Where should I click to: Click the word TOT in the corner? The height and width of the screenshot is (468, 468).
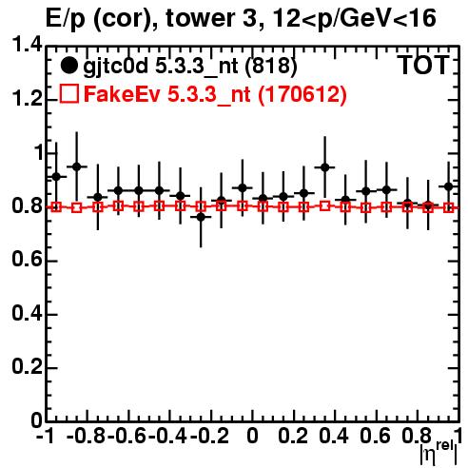[x=424, y=66]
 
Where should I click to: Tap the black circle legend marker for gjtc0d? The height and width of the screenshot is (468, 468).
[x=68, y=66]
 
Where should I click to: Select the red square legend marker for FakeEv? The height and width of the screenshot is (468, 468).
[x=68, y=93]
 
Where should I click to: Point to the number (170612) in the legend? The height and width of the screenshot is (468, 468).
[x=302, y=94]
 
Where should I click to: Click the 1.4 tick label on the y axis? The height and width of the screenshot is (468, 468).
[x=27, y=46]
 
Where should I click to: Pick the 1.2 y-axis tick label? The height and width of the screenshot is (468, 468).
[x=27, y=99]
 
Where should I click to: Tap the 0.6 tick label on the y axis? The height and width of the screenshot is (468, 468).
[x=27, y=261]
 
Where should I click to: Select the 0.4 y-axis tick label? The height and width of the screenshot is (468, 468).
[x=27, y=314]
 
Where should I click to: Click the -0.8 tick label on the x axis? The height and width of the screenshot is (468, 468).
[x=87, y=437]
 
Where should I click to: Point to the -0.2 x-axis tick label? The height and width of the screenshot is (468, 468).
[x=209, y=437]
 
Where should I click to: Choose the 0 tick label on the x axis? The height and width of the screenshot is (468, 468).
[x=252, y=437]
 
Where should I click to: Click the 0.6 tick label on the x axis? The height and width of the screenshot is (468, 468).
[x=375, y=437]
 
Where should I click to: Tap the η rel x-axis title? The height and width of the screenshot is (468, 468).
[x=439, y=454]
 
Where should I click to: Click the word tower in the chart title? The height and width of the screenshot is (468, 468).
[x=206, y=19]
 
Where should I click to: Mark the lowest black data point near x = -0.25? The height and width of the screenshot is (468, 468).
[x=201, y=217]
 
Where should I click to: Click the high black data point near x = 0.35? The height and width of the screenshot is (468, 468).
[x=324, y=167]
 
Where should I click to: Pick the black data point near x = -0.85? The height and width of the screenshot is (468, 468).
[x=77, y=166]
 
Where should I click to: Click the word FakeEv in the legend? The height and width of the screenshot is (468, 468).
[x=122, y=94]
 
